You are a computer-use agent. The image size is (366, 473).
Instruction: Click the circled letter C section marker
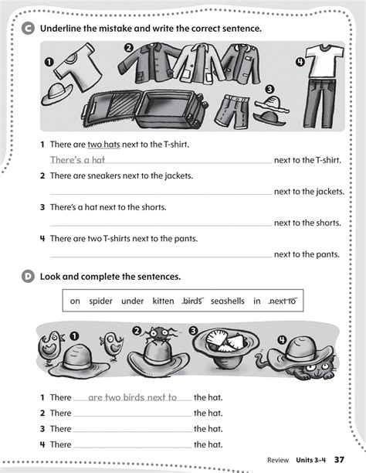[29, 29]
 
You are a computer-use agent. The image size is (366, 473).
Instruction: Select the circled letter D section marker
[29, 275]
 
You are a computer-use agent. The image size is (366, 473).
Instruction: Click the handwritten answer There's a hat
[77, 159]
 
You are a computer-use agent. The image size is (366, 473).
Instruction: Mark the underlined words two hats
[105, 144]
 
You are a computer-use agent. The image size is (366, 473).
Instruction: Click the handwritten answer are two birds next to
[132, 397]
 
